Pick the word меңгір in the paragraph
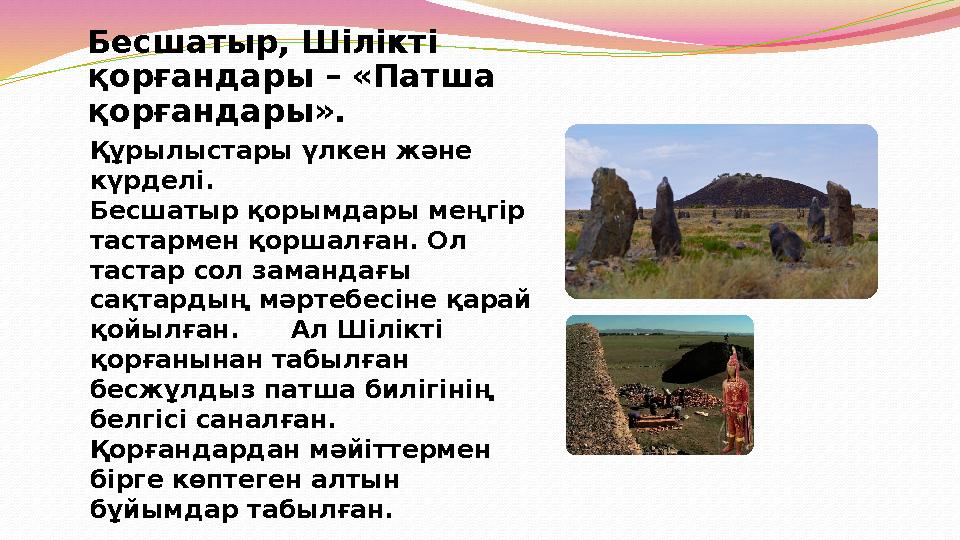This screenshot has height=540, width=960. click(x=485, y=212)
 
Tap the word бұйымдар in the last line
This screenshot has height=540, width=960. click(x=150, y=508)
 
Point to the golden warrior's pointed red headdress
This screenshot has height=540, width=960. click(x=734, y=358)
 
